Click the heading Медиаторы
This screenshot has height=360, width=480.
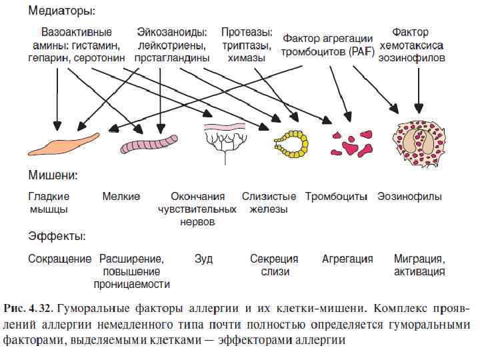coord(61,11)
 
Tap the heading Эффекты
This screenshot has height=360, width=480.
coord(57,236)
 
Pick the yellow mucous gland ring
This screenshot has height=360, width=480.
coord(292,141)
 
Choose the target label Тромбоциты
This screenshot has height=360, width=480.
coord(337,197)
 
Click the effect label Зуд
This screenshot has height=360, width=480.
coord(203,258)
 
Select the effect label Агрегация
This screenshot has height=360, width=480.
coord(347,258)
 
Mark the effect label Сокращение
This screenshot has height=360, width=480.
coord(59,258)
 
